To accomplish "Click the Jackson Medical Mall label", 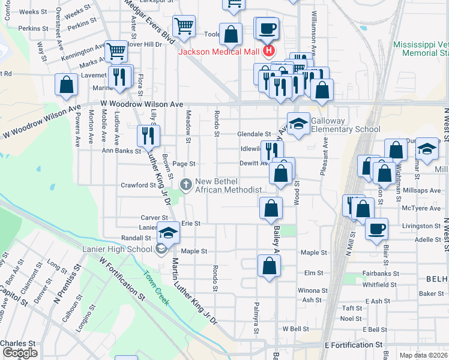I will click(x=218, y=52).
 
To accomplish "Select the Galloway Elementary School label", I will click(x=345, y=125).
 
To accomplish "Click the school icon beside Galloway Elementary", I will click(x=298, y=124).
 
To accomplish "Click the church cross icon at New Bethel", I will click(x=186, y=183).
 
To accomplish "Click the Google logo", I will click(x=20, y=353).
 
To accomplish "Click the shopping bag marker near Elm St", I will click(x=270, y=266).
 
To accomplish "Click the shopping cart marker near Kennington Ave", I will click(x=116, y=52).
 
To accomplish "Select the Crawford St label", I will click(x=139, y=185).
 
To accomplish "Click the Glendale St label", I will click(x=255, y=134).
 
